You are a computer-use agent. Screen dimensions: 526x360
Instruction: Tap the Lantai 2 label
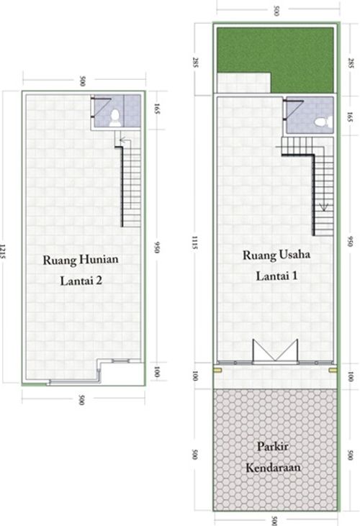tap(80, 281)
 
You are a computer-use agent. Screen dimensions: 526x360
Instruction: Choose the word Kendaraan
tap(274, 467)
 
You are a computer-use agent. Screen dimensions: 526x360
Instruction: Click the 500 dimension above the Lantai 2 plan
tap(83, 79)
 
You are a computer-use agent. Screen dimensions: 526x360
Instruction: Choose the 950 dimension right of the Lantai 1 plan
tap(351, 241)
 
